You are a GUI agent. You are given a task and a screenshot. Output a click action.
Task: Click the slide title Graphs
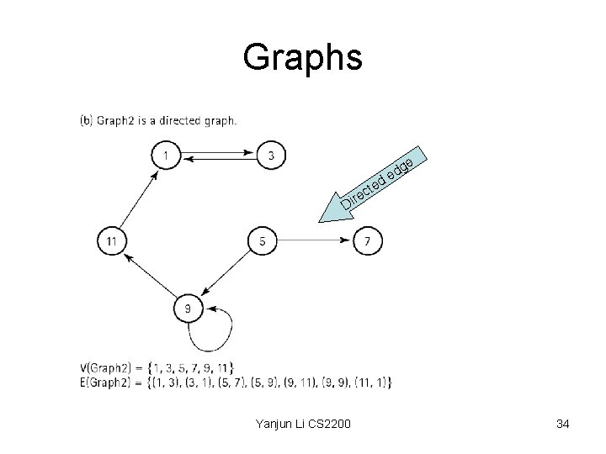pos(302,57)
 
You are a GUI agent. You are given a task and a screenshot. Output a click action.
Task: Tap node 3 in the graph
pos(271,155)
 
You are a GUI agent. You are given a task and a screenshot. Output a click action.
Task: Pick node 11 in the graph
pos(112,241)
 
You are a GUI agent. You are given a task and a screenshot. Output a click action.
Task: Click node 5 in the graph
pos(263,241)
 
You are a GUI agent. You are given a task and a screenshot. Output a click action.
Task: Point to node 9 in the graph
pos(188,309)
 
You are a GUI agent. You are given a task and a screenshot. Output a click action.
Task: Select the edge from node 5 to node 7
pos(315,241)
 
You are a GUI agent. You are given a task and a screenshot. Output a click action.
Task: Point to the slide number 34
pos(562,425)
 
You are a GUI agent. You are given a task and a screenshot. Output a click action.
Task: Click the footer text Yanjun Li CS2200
pos(302,425)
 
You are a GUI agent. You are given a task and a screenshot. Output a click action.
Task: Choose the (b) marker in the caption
pos(86,120)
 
